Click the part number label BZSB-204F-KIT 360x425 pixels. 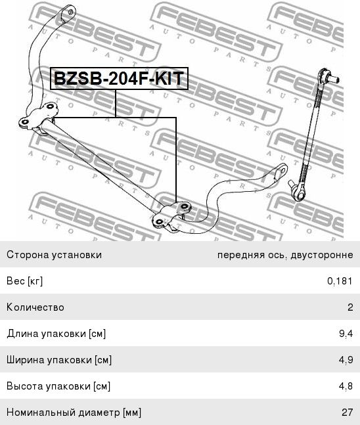pos(119,78)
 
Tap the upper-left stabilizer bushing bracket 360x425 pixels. pos(38,117)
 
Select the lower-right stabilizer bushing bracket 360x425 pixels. pos(172,216)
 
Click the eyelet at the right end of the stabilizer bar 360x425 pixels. pos(282,171)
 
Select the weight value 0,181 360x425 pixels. pos(340,280)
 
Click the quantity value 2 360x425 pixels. pos(350,307)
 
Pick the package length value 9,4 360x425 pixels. pos(346,334)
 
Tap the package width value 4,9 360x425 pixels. pos(346,360)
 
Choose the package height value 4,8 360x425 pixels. pos(346,386)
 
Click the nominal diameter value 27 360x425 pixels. pos(348,413)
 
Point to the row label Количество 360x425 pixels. pos(35,307)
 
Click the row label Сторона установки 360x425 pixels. pos(54,255)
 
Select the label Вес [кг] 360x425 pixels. pos(24,281)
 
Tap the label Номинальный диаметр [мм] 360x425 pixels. pos(74,413)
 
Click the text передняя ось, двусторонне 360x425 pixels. pos(285,255)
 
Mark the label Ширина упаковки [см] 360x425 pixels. pos(59,360)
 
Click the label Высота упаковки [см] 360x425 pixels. pos(58,386)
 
